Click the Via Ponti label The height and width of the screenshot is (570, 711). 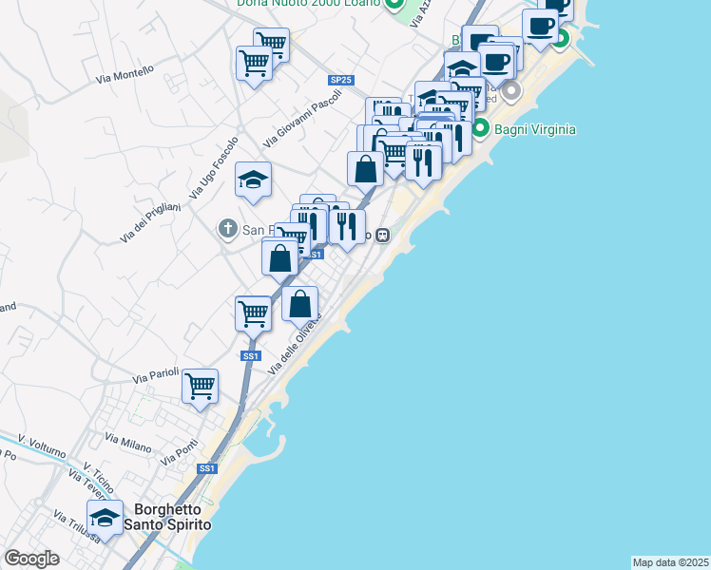(180, 452)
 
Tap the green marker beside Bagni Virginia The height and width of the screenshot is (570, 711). (481, 128)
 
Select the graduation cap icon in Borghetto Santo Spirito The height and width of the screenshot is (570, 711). (106, 517)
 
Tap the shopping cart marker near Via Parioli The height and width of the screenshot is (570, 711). (201, 386)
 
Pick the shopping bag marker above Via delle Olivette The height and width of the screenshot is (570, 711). (300, 304)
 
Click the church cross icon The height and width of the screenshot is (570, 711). (227, 229)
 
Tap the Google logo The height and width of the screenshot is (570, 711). (32, 559)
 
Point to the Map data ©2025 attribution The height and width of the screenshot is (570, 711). (670, 562)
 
